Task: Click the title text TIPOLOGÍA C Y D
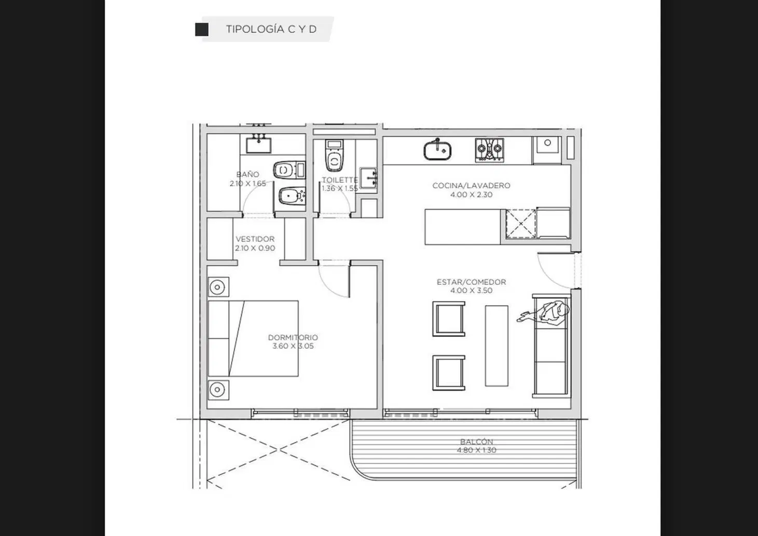(x=271, y=29)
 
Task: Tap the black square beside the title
(x=202, y=30)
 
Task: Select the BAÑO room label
(x=247, y=175)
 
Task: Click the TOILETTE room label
(x=339, y=180)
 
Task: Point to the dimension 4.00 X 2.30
(x=472, y=195)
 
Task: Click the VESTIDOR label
(x=255, y=239)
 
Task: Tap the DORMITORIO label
(x=293, y=337)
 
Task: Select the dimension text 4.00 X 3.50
(x=472, y=291)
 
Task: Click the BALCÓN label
(x=476, y=442)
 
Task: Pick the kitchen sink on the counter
(x=437, y=150)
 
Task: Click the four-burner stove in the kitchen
(x=489, y=149)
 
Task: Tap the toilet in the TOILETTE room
(x=334, y=156)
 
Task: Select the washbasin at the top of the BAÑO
(x=258, y=145)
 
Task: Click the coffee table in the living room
(x=497, y=346)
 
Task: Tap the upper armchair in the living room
(x=449, y=319)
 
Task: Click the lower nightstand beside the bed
(x=218, y=390)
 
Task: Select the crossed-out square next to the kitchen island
(x=521, y=224)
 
